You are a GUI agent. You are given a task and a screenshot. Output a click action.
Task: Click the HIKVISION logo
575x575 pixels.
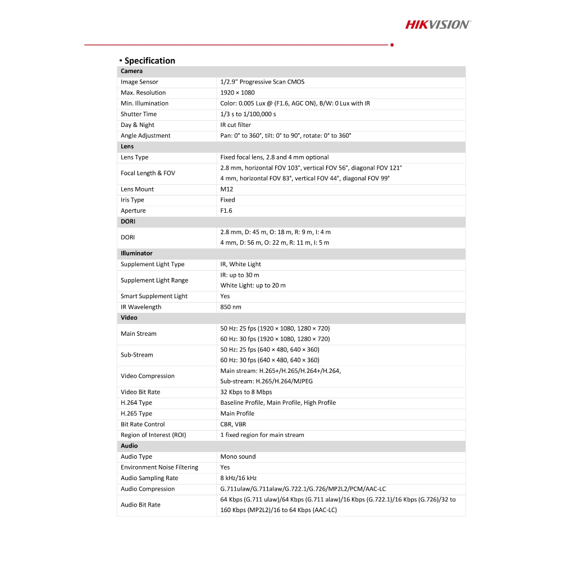coord(438,24)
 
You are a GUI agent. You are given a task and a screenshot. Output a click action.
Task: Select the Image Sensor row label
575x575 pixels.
coord(139,82)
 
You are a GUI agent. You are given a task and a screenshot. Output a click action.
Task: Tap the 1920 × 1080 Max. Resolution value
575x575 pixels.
coord(237,93)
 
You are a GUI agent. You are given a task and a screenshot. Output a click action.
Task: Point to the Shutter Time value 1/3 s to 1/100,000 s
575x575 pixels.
coord(248,114)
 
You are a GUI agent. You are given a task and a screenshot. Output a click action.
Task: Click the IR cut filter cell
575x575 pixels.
coord(235,125)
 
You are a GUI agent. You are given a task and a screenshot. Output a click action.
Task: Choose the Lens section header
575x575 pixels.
coord(127,147)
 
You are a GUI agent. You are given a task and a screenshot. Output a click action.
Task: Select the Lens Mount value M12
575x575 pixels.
coord(226,189)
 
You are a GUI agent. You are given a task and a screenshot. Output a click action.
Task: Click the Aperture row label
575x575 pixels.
coord(133,211)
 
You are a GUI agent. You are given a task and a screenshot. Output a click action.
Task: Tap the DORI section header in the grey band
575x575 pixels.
coord(128,221)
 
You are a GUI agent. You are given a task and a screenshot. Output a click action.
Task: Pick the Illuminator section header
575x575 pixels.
coord(136,253)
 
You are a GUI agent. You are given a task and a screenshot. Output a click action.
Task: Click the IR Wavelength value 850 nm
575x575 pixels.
coord(230,307)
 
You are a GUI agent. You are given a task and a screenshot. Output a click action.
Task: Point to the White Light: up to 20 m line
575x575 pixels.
coord(253,285)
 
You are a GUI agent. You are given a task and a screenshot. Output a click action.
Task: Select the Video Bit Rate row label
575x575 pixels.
coord(140,392)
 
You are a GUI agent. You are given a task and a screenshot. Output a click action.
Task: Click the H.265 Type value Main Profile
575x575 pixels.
coord(237,413)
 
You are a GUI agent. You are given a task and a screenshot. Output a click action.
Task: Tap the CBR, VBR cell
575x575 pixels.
coord(233,425)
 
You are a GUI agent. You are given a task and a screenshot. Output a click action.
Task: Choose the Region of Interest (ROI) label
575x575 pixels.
coord(153,435)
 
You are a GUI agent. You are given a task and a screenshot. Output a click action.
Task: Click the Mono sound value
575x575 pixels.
coord(238,457)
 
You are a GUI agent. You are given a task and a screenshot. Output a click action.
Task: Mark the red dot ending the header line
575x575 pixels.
coord(391,44)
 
